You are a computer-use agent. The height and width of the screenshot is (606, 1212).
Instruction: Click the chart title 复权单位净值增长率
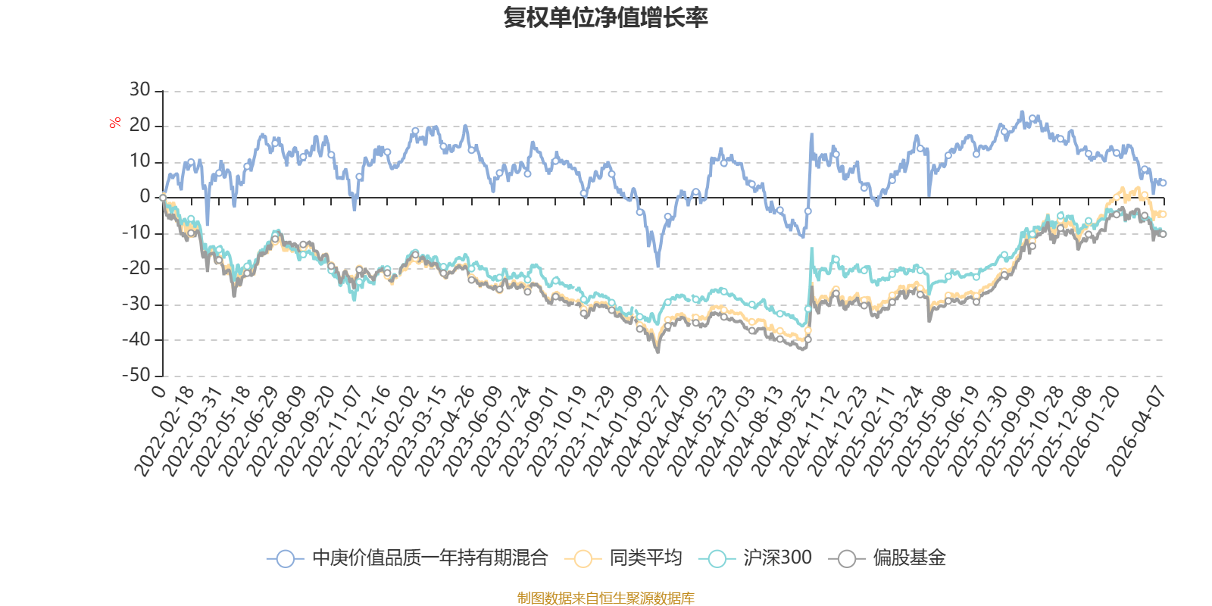coord(605,17)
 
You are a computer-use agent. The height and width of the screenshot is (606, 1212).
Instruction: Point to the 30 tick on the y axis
coord(139,90)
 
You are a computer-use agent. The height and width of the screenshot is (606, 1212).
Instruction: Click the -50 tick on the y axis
coord(136,376)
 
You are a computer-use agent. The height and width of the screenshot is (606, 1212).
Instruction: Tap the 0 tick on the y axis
coord(145,197)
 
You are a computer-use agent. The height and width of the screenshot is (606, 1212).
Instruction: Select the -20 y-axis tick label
coord(136,268)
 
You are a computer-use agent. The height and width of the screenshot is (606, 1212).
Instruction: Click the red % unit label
coord(115,123)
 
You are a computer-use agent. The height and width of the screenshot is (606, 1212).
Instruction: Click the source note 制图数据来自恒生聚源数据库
coord(605,598)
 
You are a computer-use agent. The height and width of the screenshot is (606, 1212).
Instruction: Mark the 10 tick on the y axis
coord(139,161)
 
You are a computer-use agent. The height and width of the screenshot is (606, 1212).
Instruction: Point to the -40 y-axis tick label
coord(136,339)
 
